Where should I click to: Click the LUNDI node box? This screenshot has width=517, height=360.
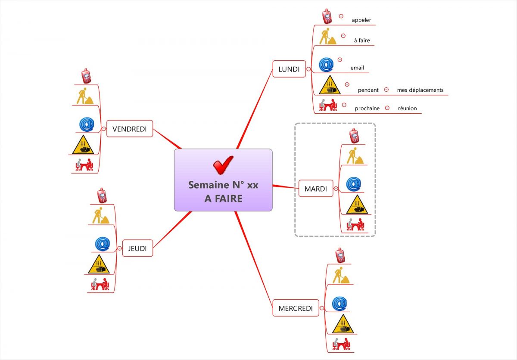click(x=289, y=69)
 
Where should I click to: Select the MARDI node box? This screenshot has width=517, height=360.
click(x=316, y=189)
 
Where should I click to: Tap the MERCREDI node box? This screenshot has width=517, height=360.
click(x=296, y=308)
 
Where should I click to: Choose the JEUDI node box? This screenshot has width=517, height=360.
click(x=137, y=248)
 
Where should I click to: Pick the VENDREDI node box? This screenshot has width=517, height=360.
click(x=130, y=129)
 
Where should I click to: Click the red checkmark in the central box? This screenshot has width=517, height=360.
click(x=223, y=165)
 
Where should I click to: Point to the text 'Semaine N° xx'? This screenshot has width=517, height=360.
click(x=223, y=185)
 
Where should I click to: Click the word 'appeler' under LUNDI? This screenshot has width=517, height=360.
click(x=361, y=20)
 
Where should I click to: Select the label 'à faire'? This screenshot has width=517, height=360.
click(x=362, y=40)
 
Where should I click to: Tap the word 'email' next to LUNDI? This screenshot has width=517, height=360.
click(x=357, y=68)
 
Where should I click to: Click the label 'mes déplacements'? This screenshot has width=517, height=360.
click(x=420, y=90)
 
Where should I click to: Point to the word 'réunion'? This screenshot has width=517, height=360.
click(x=408, y=109)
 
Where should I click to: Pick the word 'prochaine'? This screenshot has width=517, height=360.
click(x=367, y=109)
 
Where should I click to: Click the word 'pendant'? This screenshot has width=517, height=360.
click(x=368, y=90)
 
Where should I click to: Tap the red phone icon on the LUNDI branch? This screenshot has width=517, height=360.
click(x=327, y=16)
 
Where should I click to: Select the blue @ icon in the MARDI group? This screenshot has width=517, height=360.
click(x=354, y=184)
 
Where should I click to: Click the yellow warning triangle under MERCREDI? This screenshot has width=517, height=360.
click(x=343, y=324)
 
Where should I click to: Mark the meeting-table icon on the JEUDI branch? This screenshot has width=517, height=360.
click(x=100, y=284)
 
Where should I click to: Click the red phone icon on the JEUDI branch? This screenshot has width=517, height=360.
click(x=102, y=196)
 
